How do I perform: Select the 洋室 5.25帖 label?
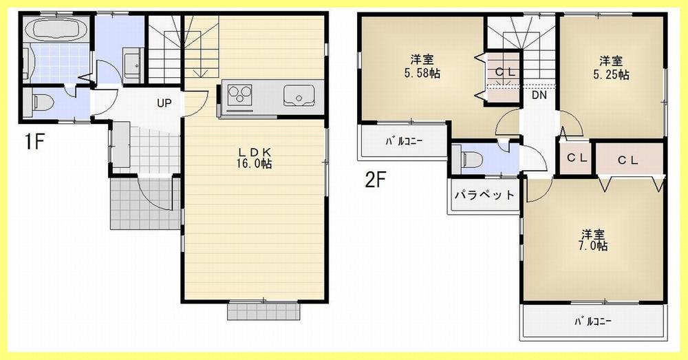pos(612,67)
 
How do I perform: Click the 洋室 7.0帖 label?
pos(592,238)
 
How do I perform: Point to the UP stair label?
pos(164,104)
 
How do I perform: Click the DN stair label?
pos(539,96)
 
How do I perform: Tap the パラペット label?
pos(484,195)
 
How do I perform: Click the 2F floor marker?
pos(376,180)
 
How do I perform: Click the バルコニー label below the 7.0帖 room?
pos(592,321)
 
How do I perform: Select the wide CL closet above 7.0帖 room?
pos(627,160)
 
